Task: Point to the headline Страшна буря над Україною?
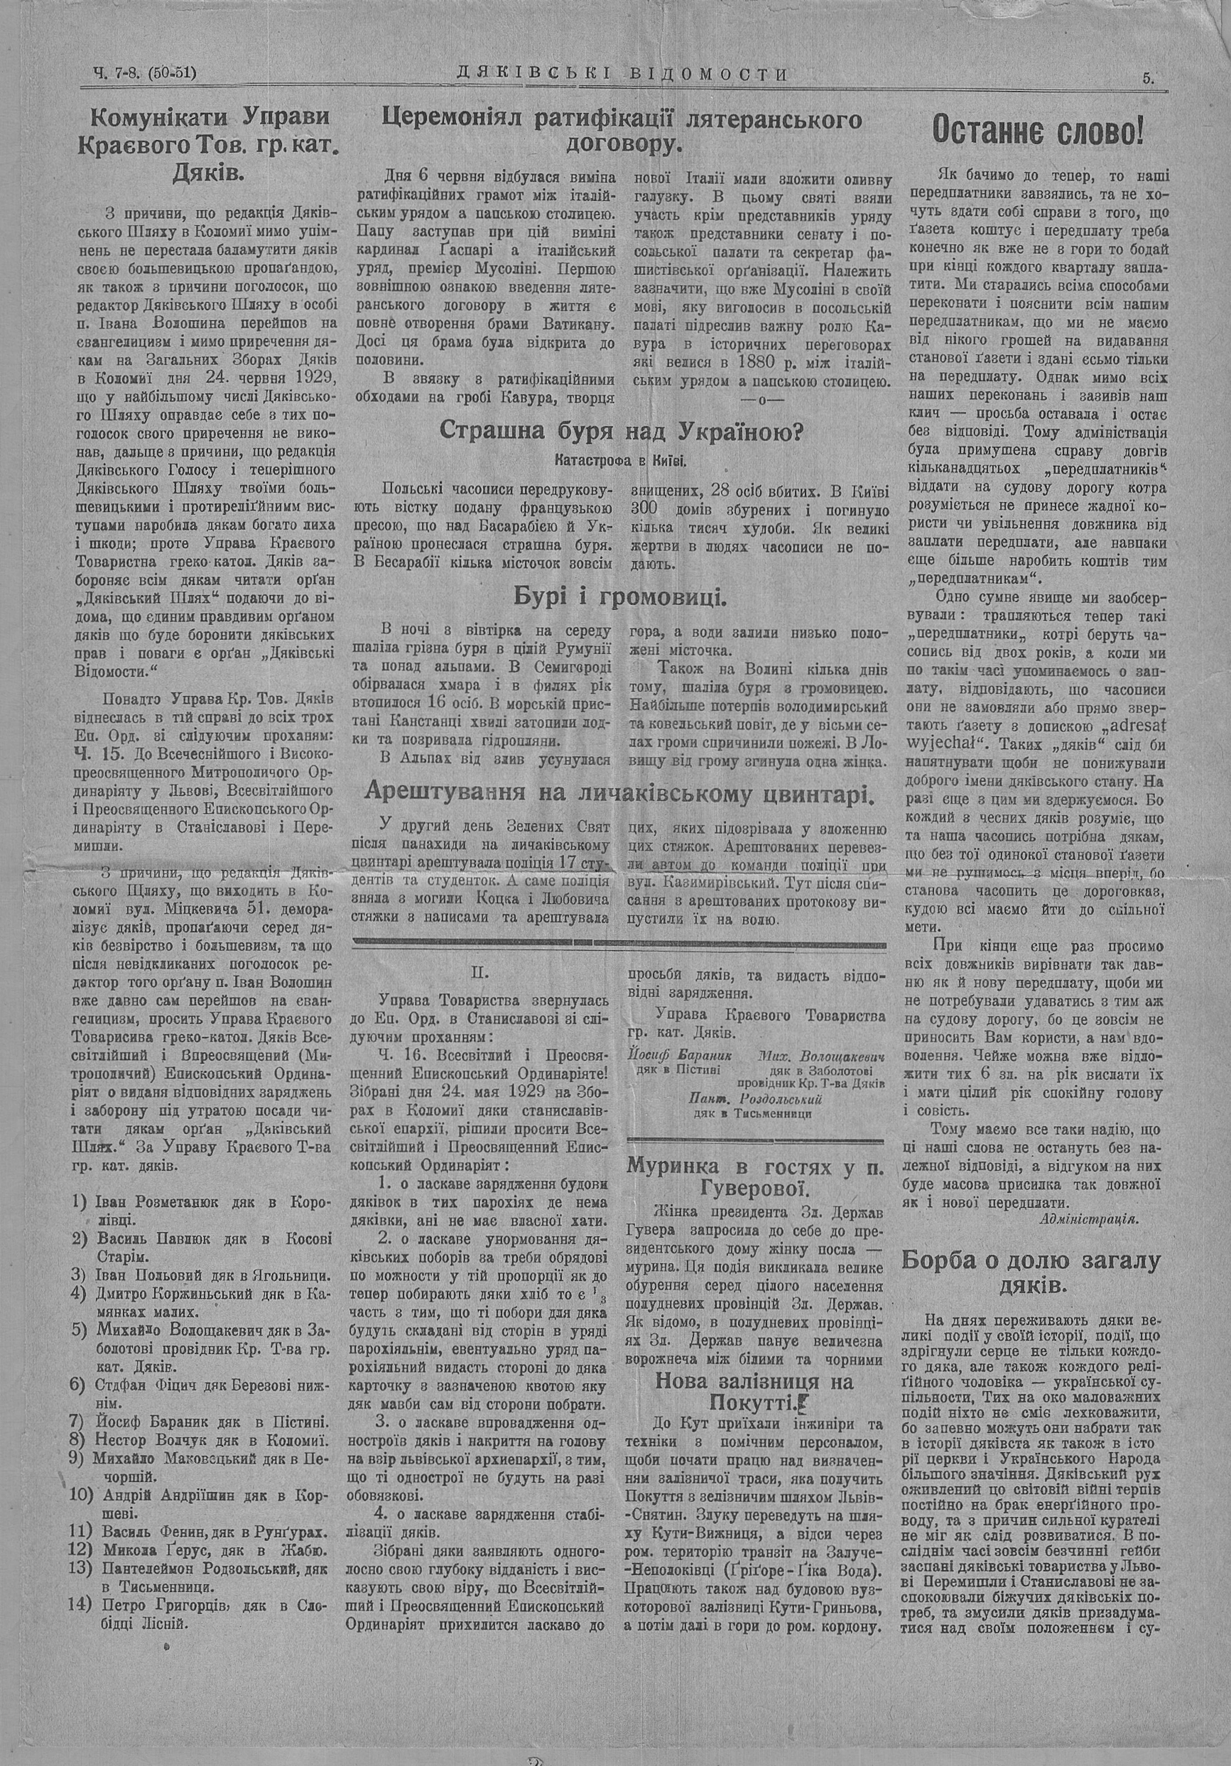621,431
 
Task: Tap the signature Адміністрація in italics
1088,1219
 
